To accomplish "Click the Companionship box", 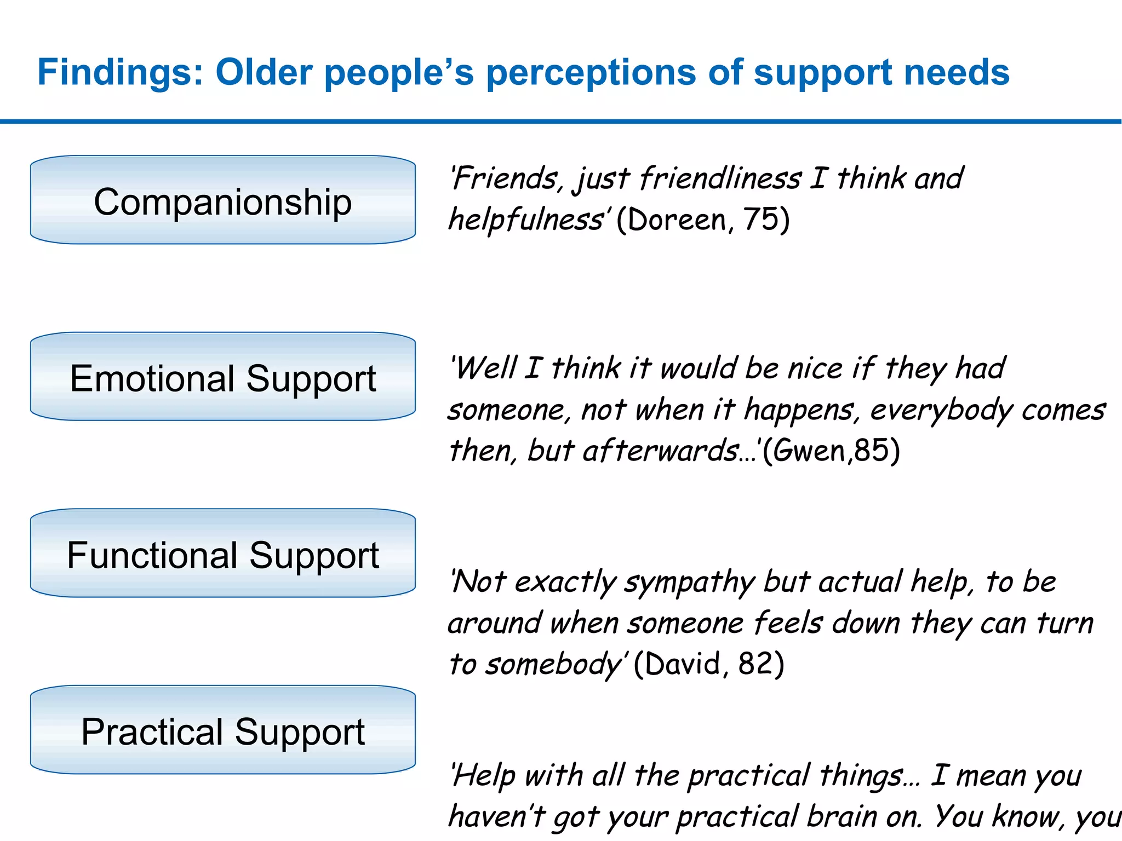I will [x=222, y=200].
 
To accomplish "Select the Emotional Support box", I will [x=222, y=377].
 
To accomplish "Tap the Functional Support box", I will [x=222, y=554].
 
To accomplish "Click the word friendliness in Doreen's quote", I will [x=720, y=179].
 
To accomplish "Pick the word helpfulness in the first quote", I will [x=526, y=220].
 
